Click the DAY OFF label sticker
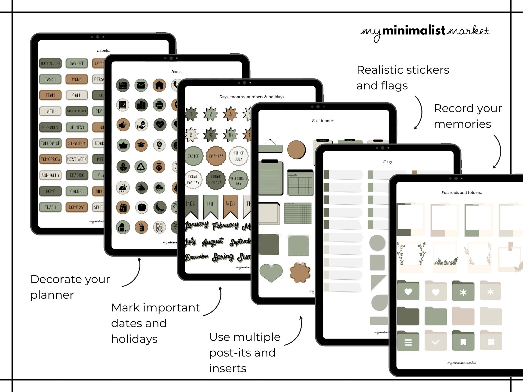[x=77, y=63]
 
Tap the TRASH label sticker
[x=50, y=207]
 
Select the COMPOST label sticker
[x=77, y=207]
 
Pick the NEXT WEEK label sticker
[x=77, y=159]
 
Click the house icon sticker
[x=159, y=85]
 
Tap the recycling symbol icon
[x=141, y=167]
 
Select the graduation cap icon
[x=141, y=145]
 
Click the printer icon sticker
[x=159, y=105]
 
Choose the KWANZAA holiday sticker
[x=216, y=156]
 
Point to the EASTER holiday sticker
[x=194, y=156]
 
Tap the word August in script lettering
[x=213, y=242]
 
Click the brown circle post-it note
[x=296, y=149]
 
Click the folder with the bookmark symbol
[x=463, y=341]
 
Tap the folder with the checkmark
[x=436, y=341]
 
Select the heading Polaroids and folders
[x=461, y=192]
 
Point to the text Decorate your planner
[x=70, y=287]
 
